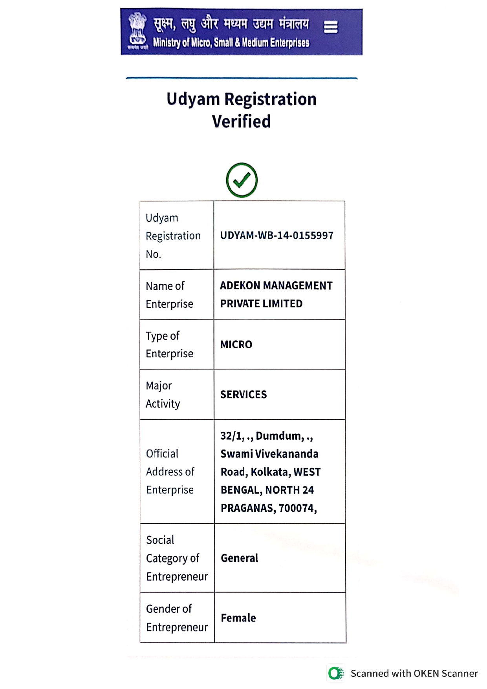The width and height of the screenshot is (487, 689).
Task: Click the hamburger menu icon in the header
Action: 330,27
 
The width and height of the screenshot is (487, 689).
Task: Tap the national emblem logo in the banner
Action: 137,31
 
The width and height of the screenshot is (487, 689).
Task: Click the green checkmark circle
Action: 242,180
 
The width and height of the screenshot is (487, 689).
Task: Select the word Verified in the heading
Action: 241,121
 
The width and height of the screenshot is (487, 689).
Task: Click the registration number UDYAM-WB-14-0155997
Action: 276,236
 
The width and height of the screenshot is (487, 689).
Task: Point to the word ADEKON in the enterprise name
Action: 239,285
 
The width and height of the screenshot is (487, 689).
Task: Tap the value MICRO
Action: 236,344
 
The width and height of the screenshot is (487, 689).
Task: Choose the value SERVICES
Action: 243,395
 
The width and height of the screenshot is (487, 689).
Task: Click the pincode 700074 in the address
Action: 297,508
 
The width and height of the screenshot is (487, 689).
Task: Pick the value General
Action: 239,558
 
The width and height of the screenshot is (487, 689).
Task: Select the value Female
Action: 238,618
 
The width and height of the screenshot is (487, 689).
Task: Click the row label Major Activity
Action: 163,395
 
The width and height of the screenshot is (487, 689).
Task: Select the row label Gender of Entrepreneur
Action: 177,618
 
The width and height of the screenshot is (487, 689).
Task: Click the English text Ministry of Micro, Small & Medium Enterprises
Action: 231,42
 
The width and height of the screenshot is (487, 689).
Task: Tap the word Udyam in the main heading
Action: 193,99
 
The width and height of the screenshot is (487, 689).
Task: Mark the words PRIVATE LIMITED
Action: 261,303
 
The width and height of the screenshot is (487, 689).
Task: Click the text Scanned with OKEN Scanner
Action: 414,673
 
